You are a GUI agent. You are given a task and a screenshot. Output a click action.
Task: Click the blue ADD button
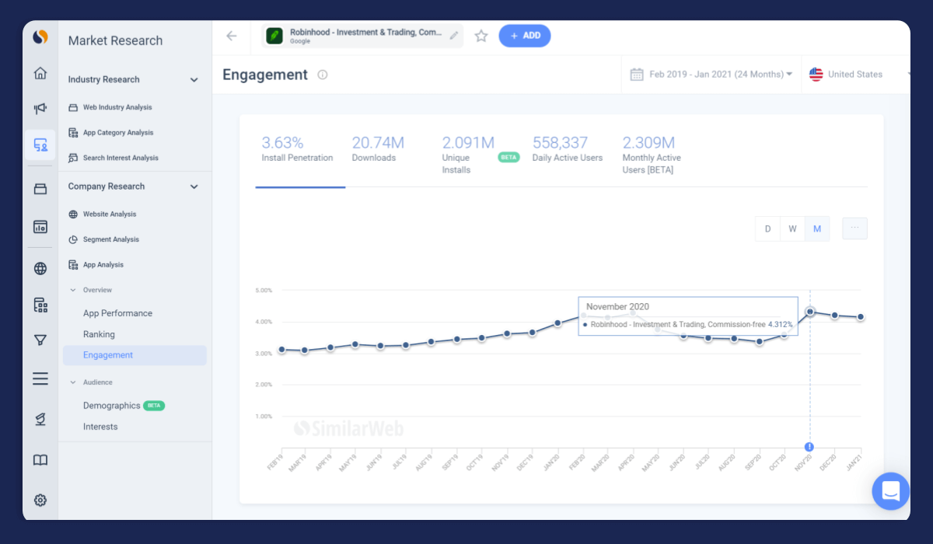(525, 36)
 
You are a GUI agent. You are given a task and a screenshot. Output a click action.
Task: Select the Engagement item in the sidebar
(108, 355)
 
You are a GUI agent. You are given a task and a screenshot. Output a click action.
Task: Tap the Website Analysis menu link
(109, 214)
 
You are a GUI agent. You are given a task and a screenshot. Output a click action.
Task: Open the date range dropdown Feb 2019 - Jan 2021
(711, 75)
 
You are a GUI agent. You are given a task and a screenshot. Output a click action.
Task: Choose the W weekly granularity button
(792, 228)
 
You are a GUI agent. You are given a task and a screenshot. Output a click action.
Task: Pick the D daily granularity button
(767, 228)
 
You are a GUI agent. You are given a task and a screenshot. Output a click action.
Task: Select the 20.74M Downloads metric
(378, 150)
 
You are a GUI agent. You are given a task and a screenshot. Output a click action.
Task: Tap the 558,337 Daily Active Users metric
(567, 150)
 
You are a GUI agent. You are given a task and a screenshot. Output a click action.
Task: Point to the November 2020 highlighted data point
(810, 312)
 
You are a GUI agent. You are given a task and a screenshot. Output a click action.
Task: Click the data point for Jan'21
(861, 317)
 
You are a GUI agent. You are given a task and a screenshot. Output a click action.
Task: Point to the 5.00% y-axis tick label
(264, 291)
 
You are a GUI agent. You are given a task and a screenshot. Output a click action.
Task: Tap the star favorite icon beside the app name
(481, 36)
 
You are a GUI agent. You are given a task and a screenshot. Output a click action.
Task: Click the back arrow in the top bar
(231, 36)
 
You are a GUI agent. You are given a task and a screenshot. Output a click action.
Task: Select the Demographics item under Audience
(112, 406)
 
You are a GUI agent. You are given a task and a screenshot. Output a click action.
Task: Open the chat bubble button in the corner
(890, 491)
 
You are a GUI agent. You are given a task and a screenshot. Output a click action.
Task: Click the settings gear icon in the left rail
(40, 500)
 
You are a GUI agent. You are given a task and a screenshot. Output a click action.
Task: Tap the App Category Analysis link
(117, 133)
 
